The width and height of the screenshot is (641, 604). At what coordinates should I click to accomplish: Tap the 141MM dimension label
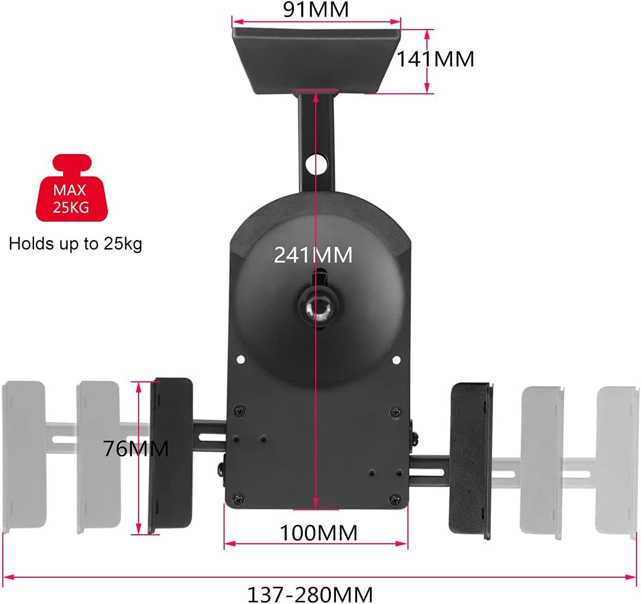[436, 59]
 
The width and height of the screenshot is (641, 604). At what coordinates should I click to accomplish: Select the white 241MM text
[313, 255]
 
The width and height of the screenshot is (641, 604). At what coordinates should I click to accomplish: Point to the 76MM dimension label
[135, 448]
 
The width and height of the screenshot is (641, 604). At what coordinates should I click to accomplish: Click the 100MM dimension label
[319, 533]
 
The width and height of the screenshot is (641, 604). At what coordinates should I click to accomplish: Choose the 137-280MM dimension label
[310, 594]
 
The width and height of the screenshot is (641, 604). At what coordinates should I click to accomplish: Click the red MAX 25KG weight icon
[72, 188]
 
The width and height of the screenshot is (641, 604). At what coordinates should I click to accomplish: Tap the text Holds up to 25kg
[75, 244]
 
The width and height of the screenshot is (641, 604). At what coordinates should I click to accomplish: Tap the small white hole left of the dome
[240, 359]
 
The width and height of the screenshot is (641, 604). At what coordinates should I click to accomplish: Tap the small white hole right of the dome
[396, 360]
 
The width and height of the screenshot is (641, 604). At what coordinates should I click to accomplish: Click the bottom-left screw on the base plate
[238, 498]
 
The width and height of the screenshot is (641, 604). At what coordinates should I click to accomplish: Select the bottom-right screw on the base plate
[395, 498]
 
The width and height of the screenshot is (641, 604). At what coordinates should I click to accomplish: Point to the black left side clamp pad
[170, 456]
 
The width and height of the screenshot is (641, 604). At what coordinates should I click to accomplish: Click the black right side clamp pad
[472, 461]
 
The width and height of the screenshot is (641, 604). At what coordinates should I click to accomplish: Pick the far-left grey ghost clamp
[23, 457]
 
